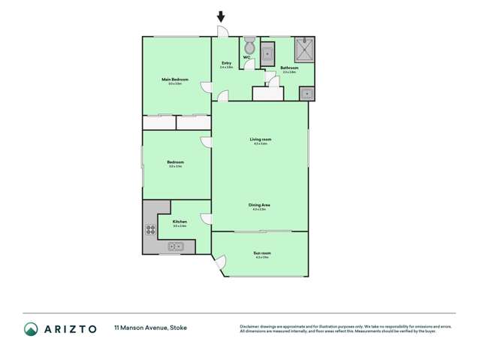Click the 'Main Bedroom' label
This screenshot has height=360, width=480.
174,80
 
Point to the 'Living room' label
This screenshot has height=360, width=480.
261,140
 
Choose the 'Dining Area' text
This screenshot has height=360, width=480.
260,205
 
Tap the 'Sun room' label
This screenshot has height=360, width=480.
261,254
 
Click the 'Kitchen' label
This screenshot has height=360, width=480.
180,222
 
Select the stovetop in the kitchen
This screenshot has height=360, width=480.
150,231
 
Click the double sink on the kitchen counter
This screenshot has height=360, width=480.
175,245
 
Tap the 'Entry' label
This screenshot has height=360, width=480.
226,64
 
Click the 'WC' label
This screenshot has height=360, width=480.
246,58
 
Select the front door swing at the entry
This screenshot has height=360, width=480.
222,32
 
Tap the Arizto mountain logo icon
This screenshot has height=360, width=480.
32,328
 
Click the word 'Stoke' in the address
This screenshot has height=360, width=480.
179,328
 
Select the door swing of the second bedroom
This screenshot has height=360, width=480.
206,141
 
